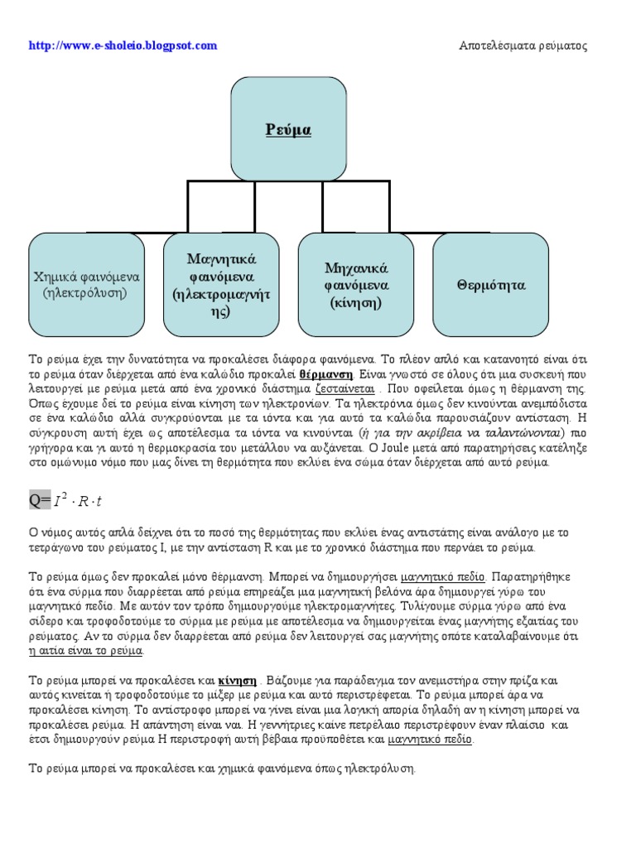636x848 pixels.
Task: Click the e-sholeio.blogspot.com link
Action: click(123, 46)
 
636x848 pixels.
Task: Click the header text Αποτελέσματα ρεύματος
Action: click(523, 46)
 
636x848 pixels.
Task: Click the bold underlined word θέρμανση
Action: click(324, 373)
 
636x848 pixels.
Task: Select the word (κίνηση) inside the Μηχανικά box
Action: click(356, 302)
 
